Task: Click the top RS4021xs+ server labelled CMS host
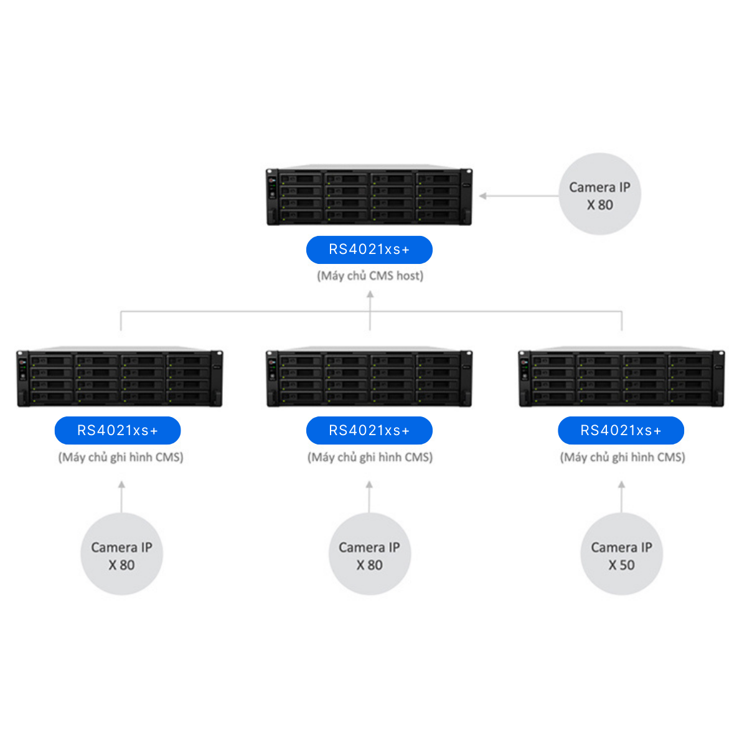click(369, 197)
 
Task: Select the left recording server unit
click(120, 378)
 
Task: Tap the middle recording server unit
click(369, 378)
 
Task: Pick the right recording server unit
click(621, 378)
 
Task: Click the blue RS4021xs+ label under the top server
click(369, 250)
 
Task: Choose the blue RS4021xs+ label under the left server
click(118, 430)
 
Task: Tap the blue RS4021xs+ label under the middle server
click(369, 430)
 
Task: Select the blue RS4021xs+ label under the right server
click(621, 430)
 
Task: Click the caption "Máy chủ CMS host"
click(370, 276)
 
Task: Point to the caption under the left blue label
click(121, 458)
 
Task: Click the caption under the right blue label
click(622, 458)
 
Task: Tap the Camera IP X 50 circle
click(621, 555)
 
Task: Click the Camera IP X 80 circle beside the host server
click(599, 195)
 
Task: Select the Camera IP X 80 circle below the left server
click(121, 555)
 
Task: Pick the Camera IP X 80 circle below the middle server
click(369, 555)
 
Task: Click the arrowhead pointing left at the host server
click(483, 196)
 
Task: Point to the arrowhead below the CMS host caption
click(370, 295)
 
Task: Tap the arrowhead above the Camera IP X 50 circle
click(621, 484)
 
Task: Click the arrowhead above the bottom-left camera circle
click(121, 484)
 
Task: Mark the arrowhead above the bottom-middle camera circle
click(369, 484)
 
